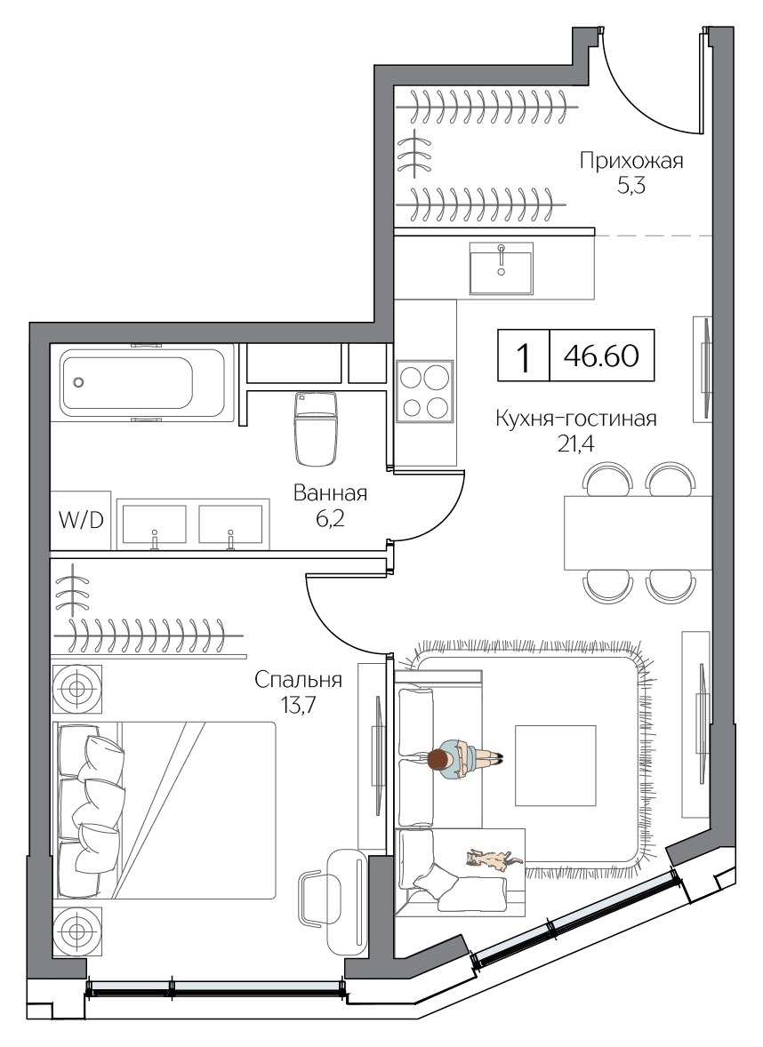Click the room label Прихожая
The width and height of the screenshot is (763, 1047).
(631, 162)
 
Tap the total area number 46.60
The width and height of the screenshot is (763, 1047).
(601, 356)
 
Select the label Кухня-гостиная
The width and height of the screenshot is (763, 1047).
(576, 419)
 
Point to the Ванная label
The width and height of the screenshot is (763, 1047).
(330, 493)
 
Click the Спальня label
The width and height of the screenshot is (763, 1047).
(298, 680)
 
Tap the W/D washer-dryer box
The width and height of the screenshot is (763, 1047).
(81, 520)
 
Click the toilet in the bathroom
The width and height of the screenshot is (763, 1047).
(315, 428)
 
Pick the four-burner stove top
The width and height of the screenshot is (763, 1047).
(425, 391)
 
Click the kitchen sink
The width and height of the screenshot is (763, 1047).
(501, 268)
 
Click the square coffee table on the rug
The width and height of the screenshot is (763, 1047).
(555, 766)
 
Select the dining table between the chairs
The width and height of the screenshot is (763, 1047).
(638, 532)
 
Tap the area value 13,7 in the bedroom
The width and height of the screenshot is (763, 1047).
(298, 705)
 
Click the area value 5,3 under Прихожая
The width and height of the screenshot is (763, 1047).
(631, 186)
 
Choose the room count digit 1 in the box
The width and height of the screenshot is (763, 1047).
(524, 357)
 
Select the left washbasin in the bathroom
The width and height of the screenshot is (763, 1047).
(155, 525)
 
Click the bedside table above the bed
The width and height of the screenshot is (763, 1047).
(76, 689)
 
